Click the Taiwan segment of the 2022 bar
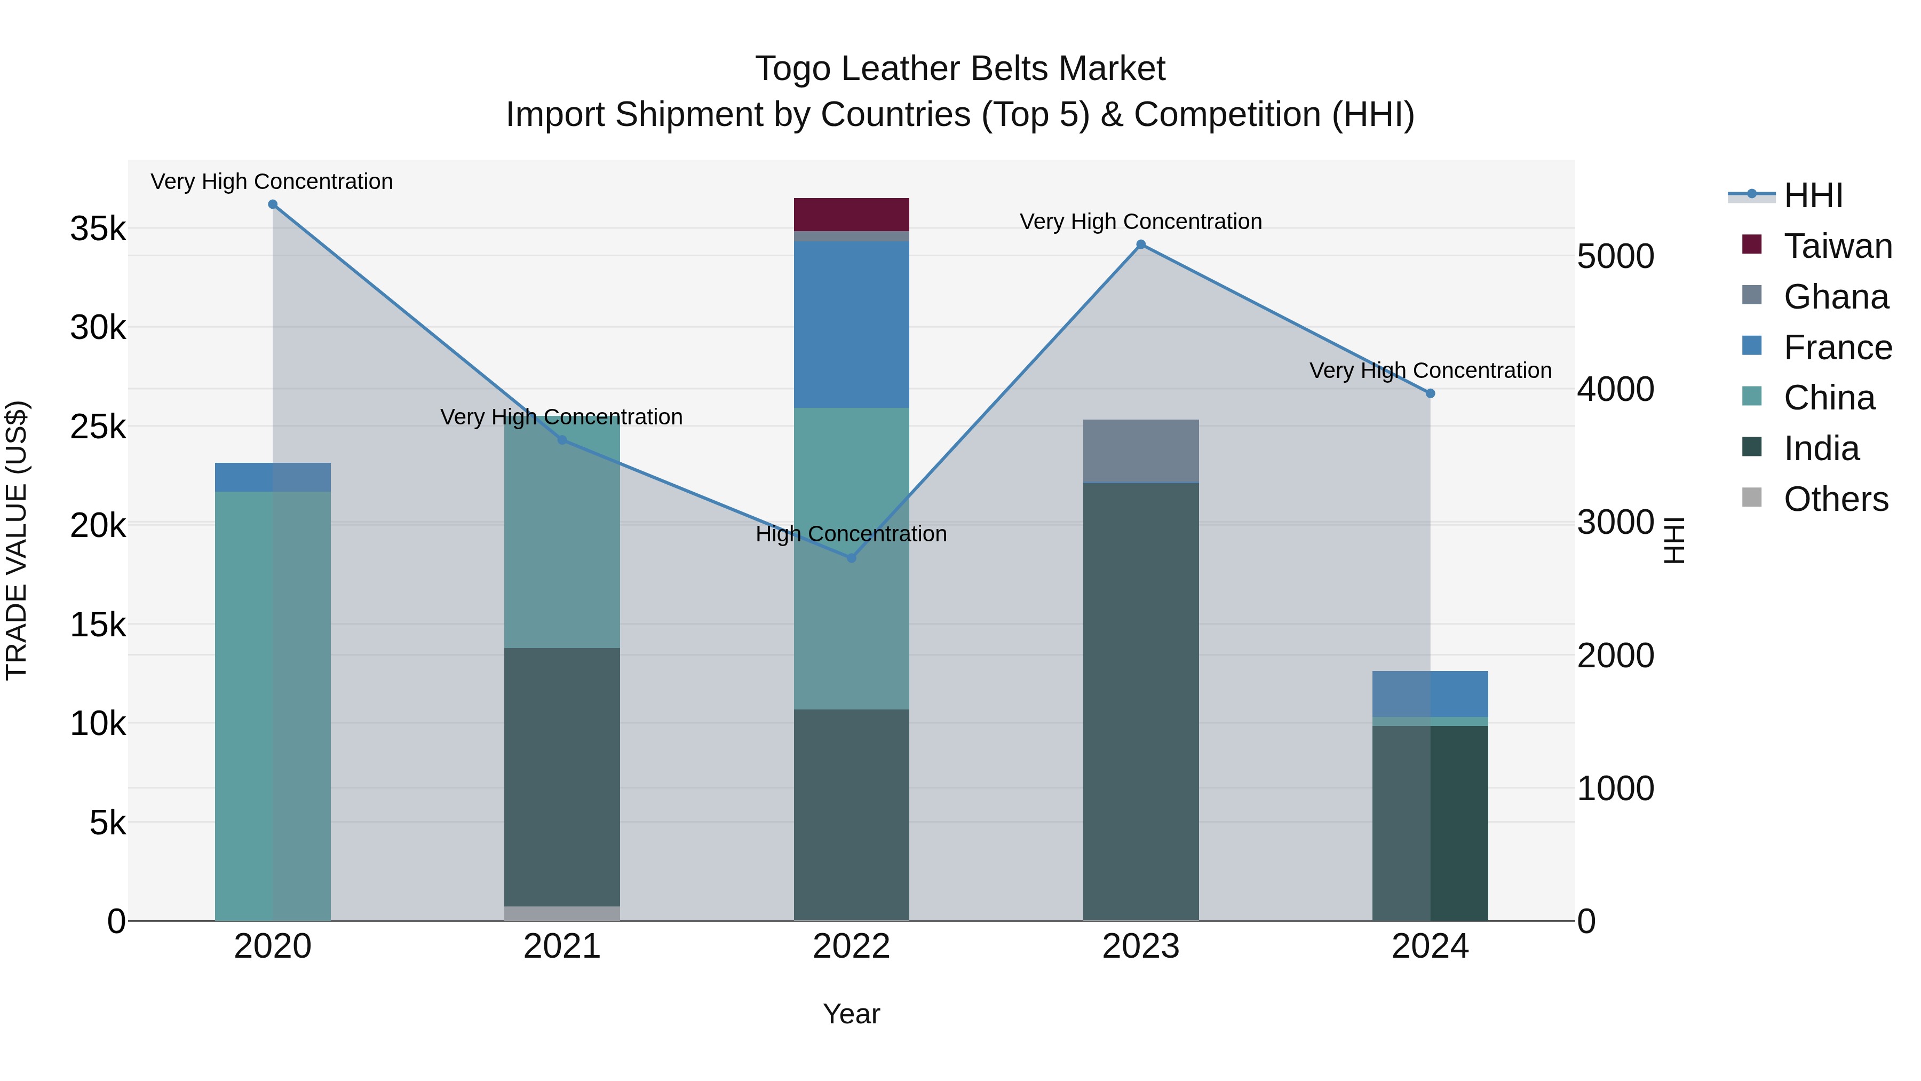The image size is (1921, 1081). pyautogui.click(x=851, y=214)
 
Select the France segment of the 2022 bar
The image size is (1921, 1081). pyautogui.click(x=851, y=324)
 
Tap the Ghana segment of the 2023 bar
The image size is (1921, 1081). pyautogui.click(x=1140, y=451)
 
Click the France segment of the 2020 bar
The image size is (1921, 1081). pyautogui.click(x=272, y=477)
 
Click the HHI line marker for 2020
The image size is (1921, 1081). pyautogui.click(x=272, y=204)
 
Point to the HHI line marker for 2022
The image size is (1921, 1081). pyautogui.click(x=852, y=558)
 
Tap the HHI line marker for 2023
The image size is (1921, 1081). pyautogui.click(x=1140, y=244)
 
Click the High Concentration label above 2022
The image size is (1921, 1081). pyautogui.click(x=851, y=534)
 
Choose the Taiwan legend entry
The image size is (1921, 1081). pyautogui.click(x=1837, y=246)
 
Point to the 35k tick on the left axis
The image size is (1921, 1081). pyautogui.click(x=98, y=229)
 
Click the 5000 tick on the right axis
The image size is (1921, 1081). pyautogui.click(x=1615, y=257)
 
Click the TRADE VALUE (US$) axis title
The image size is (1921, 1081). pyautogui.click(x=17, y=540)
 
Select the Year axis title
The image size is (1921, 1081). pyautogui.click(x=851, y=1014)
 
